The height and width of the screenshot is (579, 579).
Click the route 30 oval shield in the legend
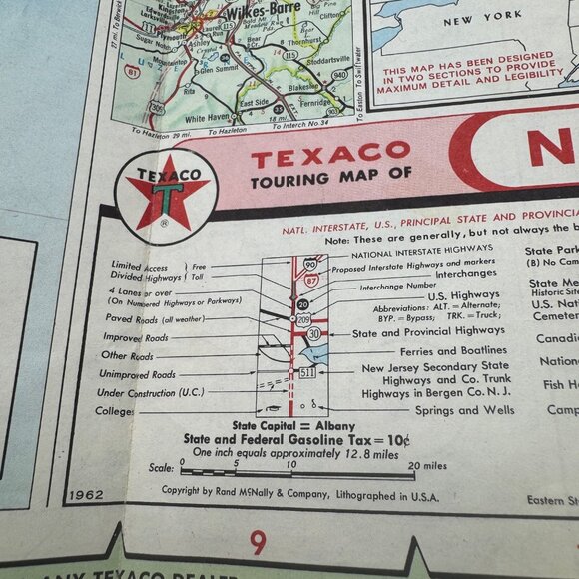click(x=314, y=333)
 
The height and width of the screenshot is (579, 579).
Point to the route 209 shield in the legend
click(x=304, y=319)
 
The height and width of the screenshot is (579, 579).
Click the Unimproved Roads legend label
click(x=138, y=375)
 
